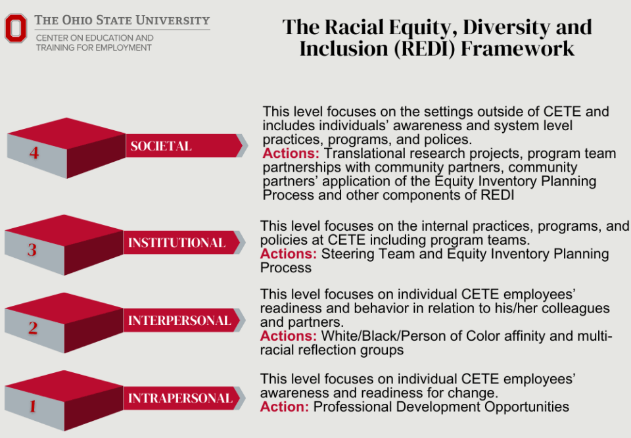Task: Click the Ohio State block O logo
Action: click(16, 28)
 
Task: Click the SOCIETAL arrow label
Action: click(161, 146)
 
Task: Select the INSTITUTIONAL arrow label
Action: click(176, 243)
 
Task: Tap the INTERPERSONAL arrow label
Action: click(179, 321)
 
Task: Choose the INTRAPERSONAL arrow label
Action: click(179, 399)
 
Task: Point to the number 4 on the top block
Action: click(34, 153)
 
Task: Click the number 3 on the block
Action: click(32, 250)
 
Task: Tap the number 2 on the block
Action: click(32, 328)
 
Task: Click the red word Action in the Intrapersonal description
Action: click(285, 407)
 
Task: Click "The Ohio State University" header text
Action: click(122, 20)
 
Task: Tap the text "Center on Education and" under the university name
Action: click(95, 38)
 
